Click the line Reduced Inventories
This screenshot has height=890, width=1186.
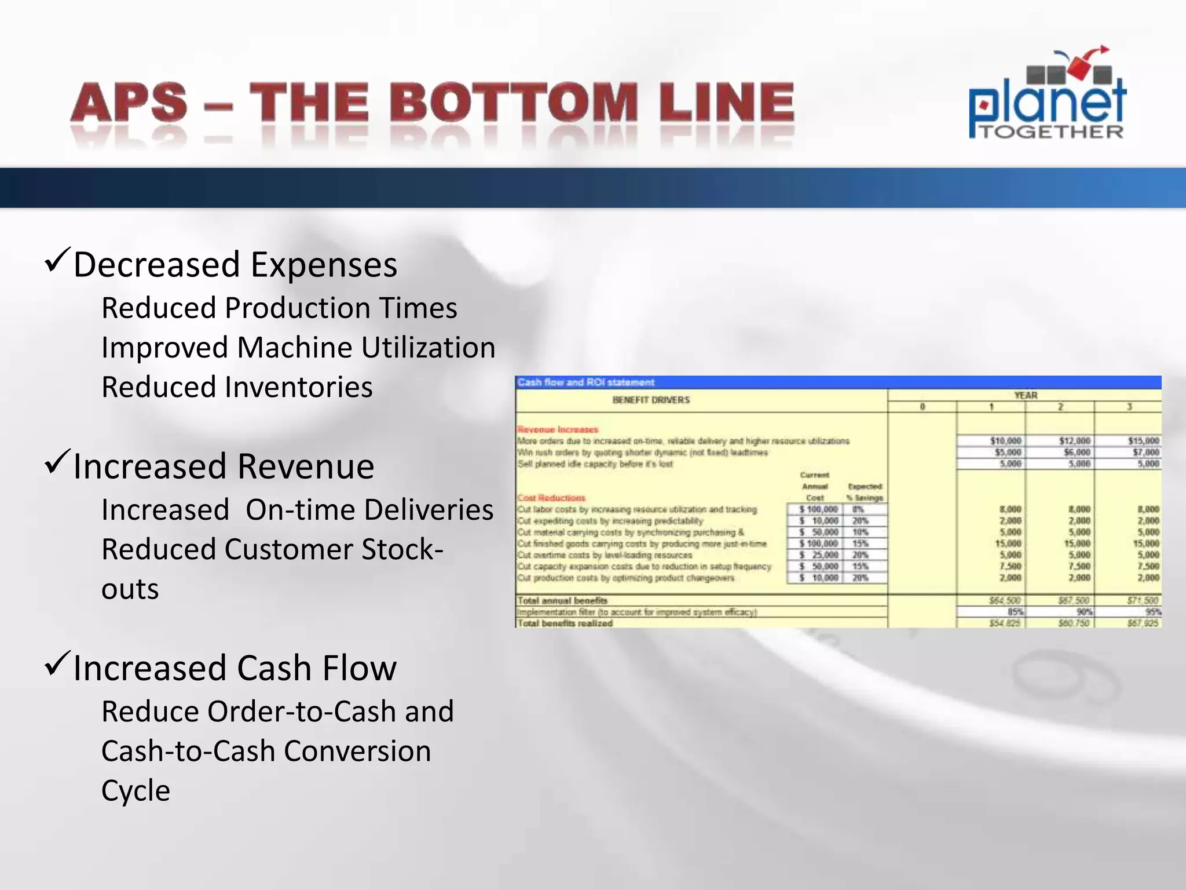tap(237, 387)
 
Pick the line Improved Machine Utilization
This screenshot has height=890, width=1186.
tap(298, 348)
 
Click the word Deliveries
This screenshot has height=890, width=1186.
tap(427, 510)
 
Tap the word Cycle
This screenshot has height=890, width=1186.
tap(136, 790)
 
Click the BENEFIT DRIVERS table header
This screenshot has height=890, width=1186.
tap(651, 400)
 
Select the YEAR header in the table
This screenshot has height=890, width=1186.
tap(1025, 395)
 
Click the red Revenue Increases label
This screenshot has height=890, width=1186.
tap(557, 429)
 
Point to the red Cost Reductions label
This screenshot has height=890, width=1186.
tap(551, 498)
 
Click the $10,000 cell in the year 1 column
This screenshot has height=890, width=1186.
tap(1005, 441)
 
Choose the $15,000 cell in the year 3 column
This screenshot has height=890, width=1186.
tap(1143, 441)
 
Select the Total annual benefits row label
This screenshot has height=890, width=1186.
tap(562, 600)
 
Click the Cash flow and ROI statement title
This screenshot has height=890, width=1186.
tap(585, 382)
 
